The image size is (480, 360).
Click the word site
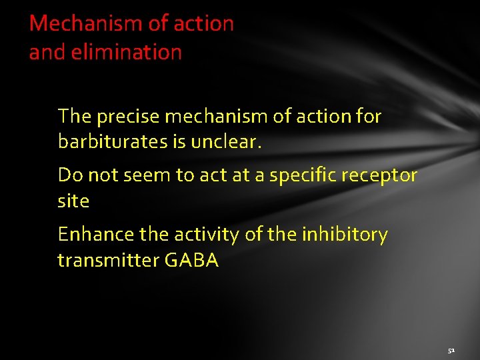[x=73, y=201]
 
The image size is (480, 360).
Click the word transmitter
[x=107, y=260]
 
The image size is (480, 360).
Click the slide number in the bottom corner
[x=451, y=349]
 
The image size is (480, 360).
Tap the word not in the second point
[x=101, y=175]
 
